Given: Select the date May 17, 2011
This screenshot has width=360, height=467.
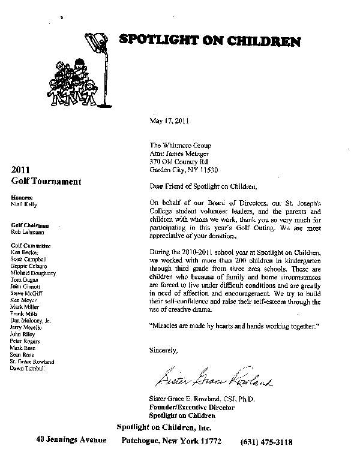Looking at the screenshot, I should (x=169, y=120).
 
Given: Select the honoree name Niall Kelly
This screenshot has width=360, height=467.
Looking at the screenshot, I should (x=23, y=203).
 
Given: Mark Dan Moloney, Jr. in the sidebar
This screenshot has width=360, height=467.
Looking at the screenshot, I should (x=31, y=321).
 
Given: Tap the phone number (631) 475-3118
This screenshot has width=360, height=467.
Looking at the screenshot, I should (x=266, y=441).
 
